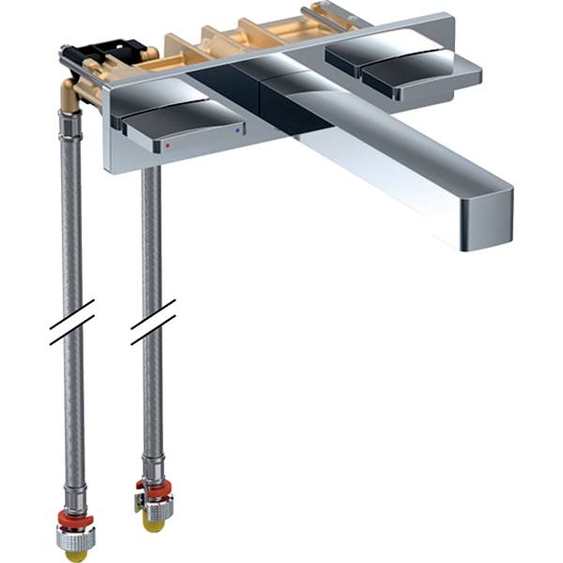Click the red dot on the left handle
click(168, 146)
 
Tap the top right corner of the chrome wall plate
click(451, 16)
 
